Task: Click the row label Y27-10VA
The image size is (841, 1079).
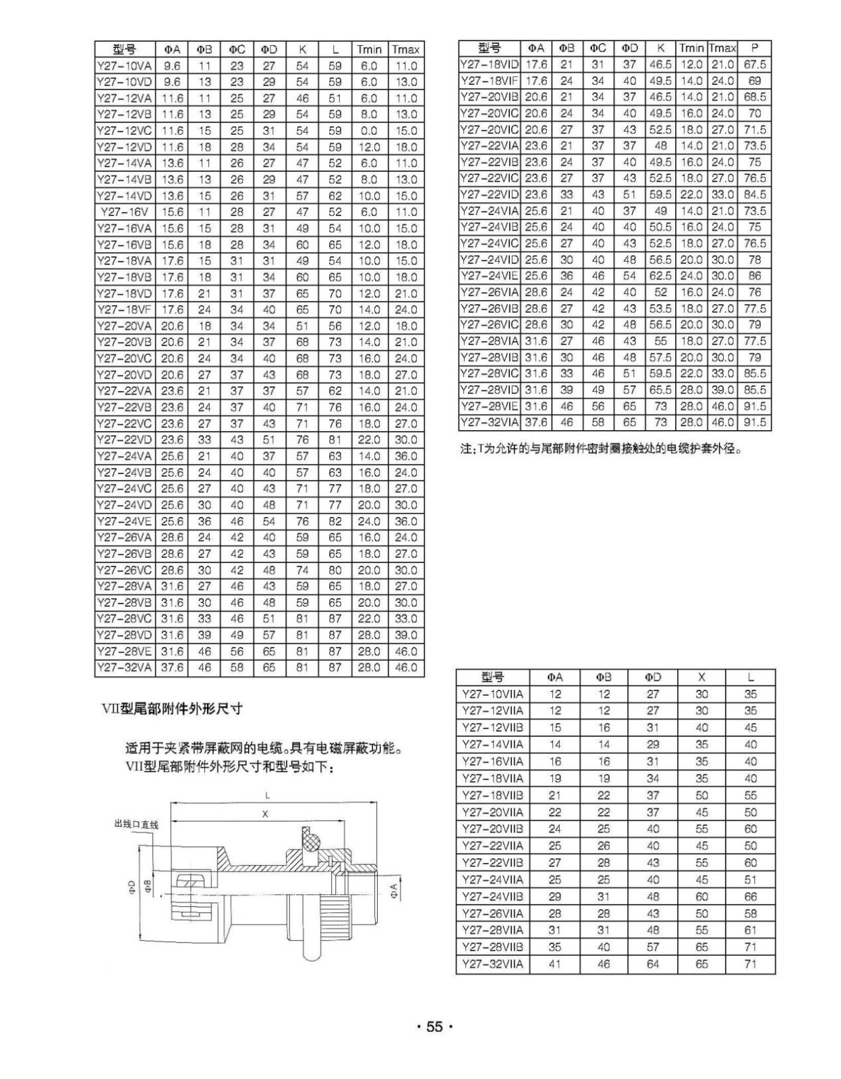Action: tap(125, 66)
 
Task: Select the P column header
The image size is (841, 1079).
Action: tap(754, 48)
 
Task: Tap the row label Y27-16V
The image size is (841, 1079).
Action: tap(125, 212)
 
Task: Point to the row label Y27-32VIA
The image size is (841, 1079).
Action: tap(489, 422)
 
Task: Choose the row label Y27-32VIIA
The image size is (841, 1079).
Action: tap(492, 964)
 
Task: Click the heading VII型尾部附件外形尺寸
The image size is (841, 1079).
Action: tap(171, 709)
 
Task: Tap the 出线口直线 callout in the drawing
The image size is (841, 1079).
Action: tap(136, 824)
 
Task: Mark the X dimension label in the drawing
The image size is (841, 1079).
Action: tap(265, 814)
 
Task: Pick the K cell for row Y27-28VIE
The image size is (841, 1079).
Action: tap(661, 406)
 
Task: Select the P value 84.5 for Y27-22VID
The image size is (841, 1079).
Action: tap(754, 195)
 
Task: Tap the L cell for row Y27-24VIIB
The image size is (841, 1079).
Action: tap(750, 897)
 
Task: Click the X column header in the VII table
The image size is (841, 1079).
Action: tap(701, 677)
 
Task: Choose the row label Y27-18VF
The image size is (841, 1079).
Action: tap(125, 310)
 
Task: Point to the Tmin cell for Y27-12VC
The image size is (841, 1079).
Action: tap(369, 131)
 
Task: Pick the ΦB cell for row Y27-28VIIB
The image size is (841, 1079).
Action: tap(604, 947)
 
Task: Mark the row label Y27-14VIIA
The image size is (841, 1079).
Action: tap(492, 745)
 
